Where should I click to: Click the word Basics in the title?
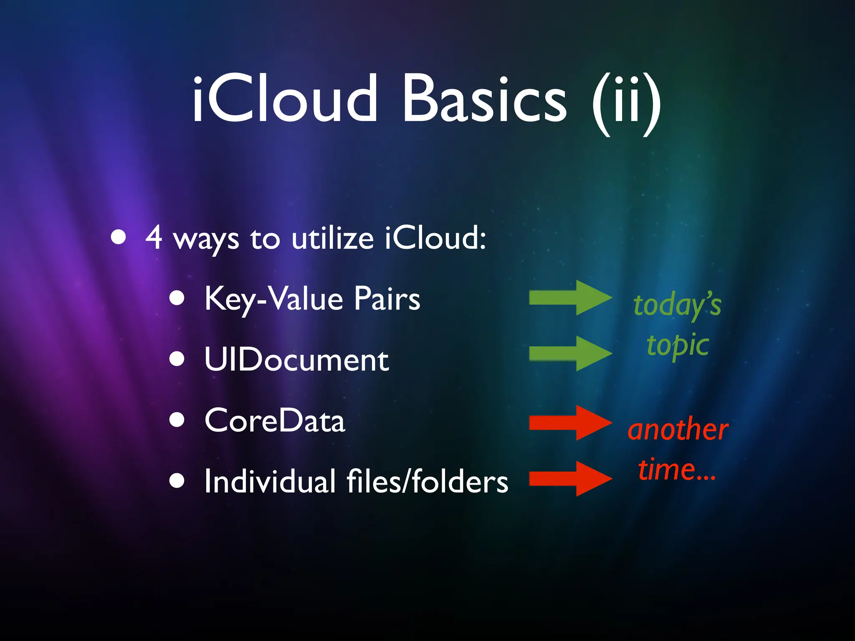[484, 99]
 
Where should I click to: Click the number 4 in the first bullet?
[154, 237]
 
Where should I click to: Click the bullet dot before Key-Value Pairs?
[177, 298]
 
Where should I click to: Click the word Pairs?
[387, 299]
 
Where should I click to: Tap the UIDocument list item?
[296, 360]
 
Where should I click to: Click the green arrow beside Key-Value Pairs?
[570, 298]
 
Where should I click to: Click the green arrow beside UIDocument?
[570, 353]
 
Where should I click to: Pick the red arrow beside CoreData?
[570, 423]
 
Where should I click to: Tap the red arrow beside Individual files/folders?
[570, 479]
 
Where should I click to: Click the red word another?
[678, 429]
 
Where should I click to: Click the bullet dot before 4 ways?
[119, 237]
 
